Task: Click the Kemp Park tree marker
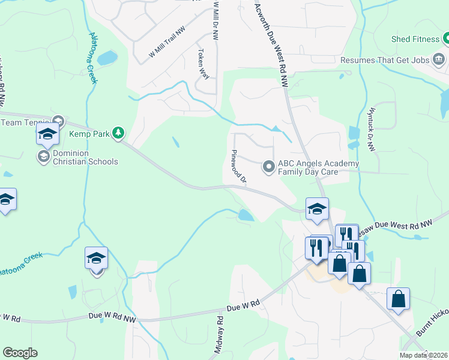pyautogui.click(x=119, y=133)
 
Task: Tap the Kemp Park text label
pyautogui.click(x=89, y=134)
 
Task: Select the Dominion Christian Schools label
pyautogui.click(x=85, y=157)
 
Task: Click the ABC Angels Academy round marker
pyautogui.click(x=268, y=166)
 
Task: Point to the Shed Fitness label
pyautogui.click(x=415, y=40)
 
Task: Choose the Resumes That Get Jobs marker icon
pyautogui.click(x=439, y=59)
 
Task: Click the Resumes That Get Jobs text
pyautogui.click(x=385, y=60)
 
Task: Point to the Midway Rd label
pyautogui.click(x=220, y=339)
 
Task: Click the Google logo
pyautogui.click(x=20, y=353)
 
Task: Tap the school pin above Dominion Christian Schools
pyautogui.click(x=47, y=134)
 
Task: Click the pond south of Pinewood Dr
pyautogui.click(x=246, y=215)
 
